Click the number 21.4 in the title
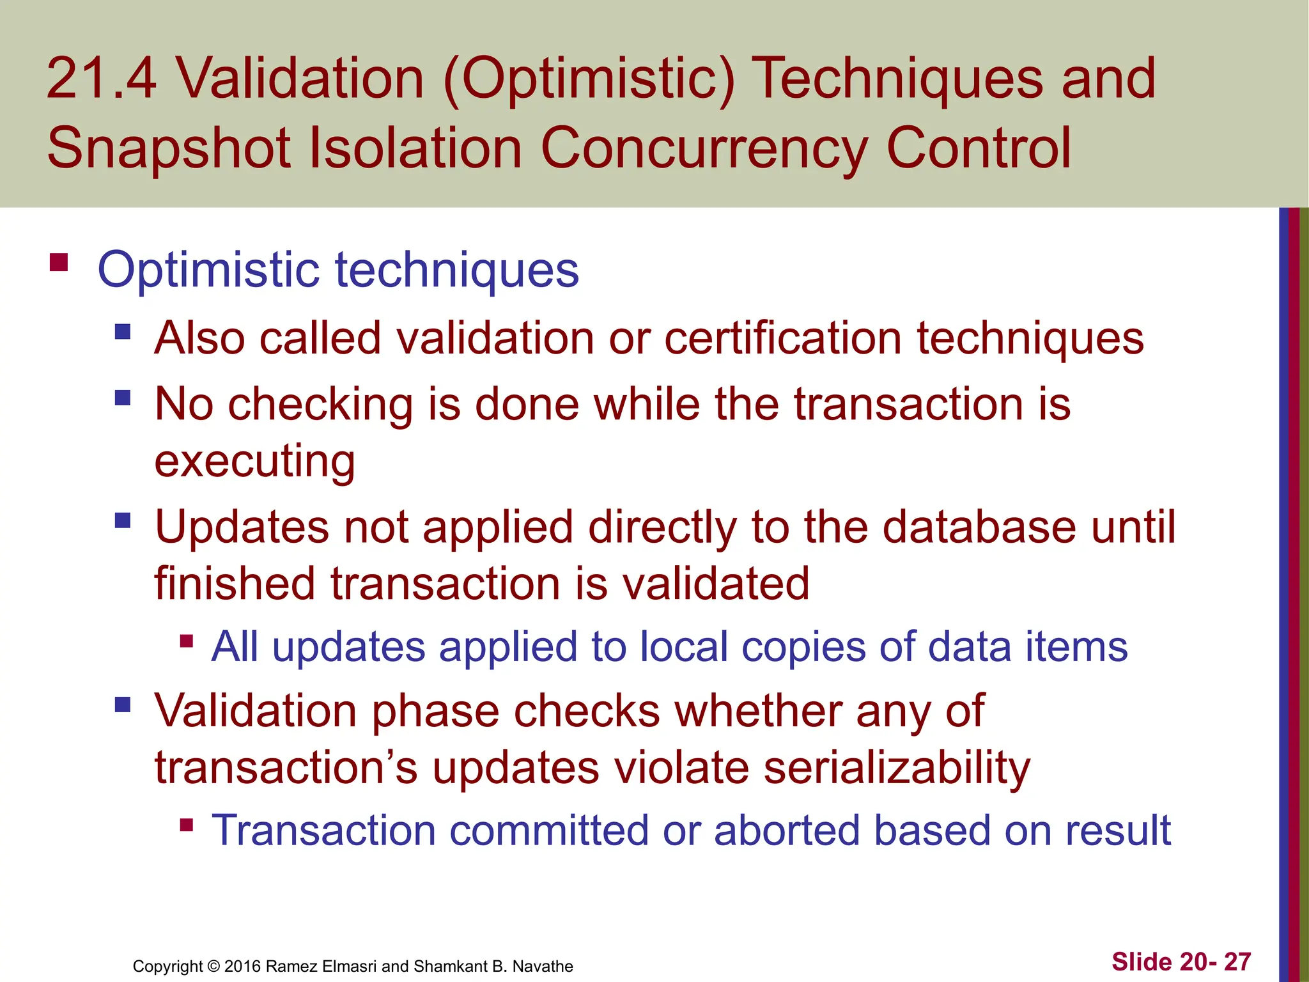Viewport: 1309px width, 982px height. point(101,79)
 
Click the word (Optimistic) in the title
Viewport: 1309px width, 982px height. point(588,79)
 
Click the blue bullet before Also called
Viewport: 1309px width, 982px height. point(123,332)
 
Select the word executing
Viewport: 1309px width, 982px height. point(254,462)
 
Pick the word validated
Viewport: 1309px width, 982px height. point(715,584)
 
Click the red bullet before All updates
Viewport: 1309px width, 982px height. point(187,641)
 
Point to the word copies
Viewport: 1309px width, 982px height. point(803,647)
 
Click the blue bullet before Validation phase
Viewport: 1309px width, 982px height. point(123,705)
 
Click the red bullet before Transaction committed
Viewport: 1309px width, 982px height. point(187,825)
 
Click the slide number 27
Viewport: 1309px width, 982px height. point(1237,962)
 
